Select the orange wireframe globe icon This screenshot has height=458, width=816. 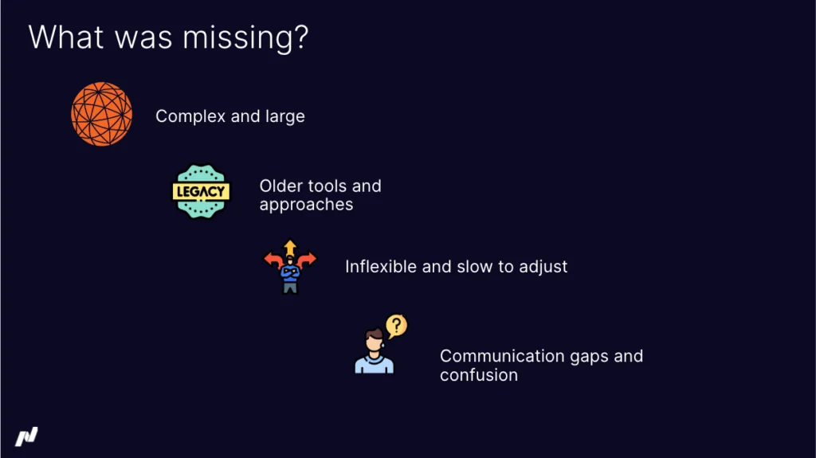point(101,114)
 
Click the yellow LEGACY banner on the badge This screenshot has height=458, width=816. point(201,191)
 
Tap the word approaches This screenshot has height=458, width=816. point(306,205)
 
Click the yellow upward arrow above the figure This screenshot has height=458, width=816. point(290,246)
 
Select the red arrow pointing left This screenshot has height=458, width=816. point(273,259)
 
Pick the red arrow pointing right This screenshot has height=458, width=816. point(308,259)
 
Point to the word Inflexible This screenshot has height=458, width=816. point(381,267)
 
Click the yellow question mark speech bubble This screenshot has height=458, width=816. point(396,325)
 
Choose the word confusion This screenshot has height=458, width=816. point(478,375)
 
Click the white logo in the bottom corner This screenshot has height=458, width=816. point(26,436)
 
